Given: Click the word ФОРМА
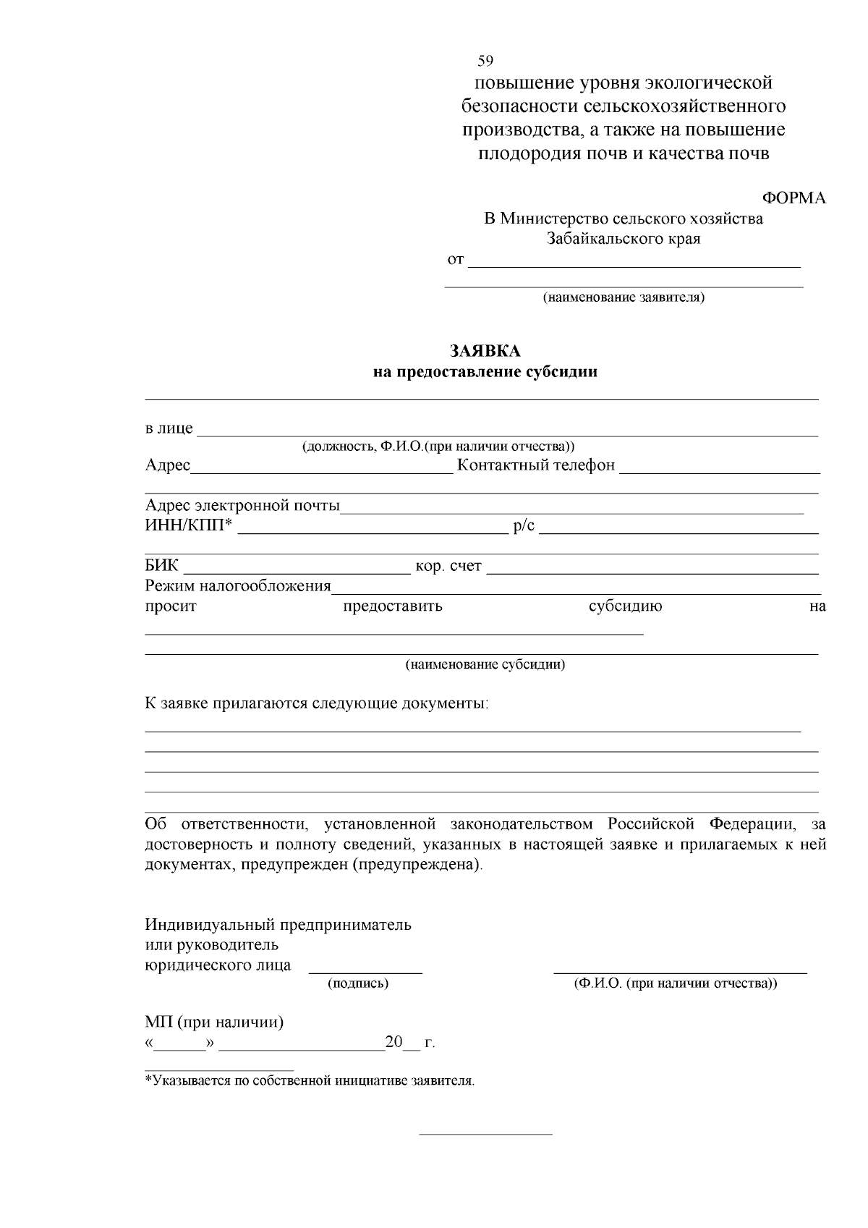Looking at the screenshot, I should click(794, 198).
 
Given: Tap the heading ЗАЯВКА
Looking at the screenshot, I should click(485, 351).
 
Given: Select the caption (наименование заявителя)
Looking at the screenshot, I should click(624, 297).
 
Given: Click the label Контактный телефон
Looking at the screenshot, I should click(535, 465).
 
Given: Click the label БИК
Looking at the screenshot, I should click(161, 566).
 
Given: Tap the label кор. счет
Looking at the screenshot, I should click(448, 566).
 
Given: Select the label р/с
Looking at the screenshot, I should click(524, 526).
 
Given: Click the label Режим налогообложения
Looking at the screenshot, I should click(238, 586).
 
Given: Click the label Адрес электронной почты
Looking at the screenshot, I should click(242, 505).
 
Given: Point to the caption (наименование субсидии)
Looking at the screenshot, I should click(485, 664).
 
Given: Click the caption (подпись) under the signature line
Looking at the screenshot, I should click(358, 983).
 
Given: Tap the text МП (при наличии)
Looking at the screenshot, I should click(214, 1022).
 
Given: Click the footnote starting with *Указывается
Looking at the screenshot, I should click(310, 1081).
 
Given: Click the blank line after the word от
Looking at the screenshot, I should click(634, 262).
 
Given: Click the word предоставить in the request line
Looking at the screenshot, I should click(392, 606).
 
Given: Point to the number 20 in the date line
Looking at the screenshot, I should click(393, 1043).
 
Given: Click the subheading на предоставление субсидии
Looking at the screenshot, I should click(485, 373).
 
